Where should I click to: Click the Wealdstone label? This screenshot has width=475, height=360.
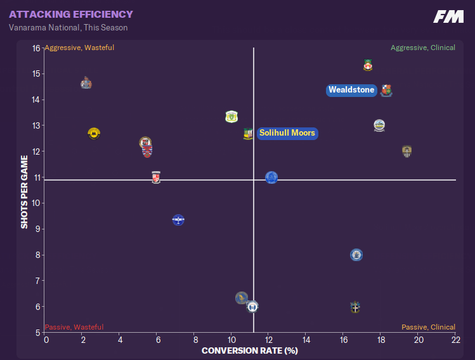(x=351, y=90)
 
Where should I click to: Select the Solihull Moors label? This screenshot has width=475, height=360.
(x=287, y=133)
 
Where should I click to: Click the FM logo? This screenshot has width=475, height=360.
(x=448, y=17)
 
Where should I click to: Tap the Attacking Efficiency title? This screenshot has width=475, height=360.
(x=71, y=14)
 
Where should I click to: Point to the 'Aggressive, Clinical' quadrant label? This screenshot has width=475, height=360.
(x=423, y=48)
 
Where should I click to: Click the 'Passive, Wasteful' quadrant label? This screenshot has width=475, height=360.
(x=74, y=327)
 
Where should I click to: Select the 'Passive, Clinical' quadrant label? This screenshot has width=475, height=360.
(x=428, y=327)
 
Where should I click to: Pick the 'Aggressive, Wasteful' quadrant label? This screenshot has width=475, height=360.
(x=79, y=48)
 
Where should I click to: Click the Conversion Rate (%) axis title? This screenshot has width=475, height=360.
(x=249, y=350)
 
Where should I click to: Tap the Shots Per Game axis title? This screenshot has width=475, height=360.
(x=25, y=191)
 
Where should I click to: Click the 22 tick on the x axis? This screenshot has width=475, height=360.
(x=455, y=340)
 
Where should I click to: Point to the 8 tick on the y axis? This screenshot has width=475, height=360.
(x=37, y=255)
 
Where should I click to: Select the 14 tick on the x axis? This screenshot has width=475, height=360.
(x=306, y=340)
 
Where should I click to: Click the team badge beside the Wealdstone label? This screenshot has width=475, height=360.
(x=386, y=91)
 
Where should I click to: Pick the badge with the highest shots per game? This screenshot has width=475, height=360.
(x=368, y=65)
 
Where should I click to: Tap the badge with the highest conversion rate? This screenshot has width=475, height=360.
(x=407, y=151)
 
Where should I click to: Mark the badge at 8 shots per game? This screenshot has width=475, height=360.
(x=356, y=255)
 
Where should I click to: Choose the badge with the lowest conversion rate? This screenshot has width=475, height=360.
(x=86, y=83)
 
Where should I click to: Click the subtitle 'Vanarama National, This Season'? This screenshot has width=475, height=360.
(x=68, y=28)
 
